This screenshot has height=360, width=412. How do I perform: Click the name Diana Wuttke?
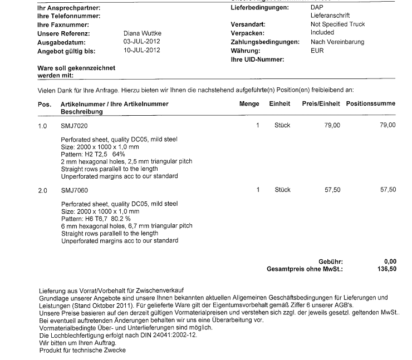(142, 33)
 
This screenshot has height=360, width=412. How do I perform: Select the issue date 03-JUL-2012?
(142, 42)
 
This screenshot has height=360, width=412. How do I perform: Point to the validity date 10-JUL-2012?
(142, 51)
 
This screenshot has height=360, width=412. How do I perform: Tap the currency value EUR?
(317, 51)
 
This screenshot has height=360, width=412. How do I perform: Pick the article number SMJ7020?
(74, 126)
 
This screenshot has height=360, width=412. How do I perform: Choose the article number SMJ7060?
(74, 190)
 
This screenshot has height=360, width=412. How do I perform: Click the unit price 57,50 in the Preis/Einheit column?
(332, 190)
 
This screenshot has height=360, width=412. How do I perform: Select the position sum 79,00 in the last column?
(388, 126)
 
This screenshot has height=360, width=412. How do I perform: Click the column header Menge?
(249, 104)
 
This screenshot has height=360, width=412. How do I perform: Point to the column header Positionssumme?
(371, 104)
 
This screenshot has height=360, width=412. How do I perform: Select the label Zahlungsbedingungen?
(261, 42)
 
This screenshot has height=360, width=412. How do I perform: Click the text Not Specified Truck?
(337, 24)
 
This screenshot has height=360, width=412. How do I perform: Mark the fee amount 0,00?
(390, 262)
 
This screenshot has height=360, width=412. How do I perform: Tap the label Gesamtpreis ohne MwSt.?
(305, 269)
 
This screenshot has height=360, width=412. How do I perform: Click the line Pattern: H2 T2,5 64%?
(94, 154)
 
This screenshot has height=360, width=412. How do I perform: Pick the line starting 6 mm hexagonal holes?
(126, 226)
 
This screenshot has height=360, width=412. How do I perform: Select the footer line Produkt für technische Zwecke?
(82, 351)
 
